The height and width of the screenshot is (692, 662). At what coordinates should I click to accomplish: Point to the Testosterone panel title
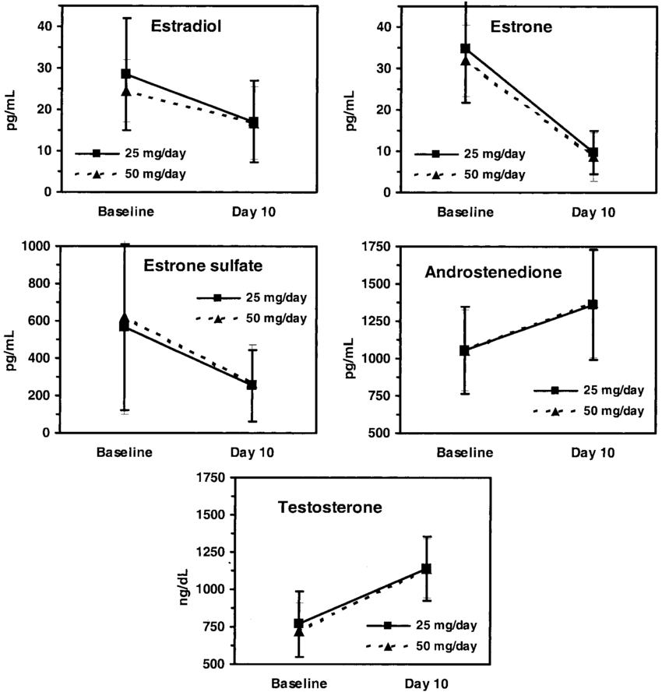pos(330,508)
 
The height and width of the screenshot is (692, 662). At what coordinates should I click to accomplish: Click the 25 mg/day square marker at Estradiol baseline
pos(126,74)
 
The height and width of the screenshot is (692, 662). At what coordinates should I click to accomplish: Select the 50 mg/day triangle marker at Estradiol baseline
pos(126,91)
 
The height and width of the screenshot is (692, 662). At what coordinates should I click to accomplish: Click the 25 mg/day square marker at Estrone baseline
pos(466,48)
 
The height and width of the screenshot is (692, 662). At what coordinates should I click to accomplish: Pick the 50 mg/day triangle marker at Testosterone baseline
pos(299,631)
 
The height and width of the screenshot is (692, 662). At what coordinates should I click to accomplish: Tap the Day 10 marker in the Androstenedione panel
pos(593,304)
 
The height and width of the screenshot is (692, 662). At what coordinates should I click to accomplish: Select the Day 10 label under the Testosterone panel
pos(426,683)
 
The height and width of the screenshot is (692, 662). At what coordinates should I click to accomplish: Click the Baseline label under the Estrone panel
pos(465,211)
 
